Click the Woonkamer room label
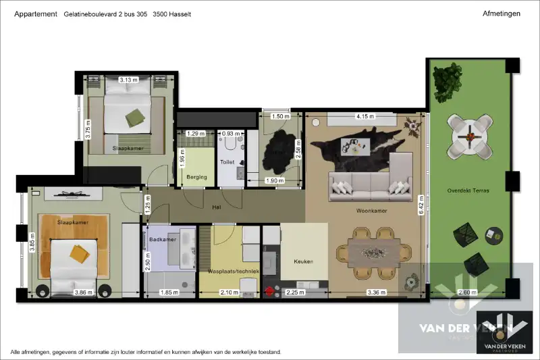click(371, 211)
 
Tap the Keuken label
click(303, 261)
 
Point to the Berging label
click(196, 177)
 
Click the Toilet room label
click(227, 162)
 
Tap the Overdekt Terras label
click(468, 190)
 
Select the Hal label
click(217, 207)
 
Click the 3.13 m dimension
click(128, 80)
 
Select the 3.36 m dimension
click(376, 292)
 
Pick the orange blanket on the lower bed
click(80, 253)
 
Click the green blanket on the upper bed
click(137, 117)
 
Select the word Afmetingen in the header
click(502, 14)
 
